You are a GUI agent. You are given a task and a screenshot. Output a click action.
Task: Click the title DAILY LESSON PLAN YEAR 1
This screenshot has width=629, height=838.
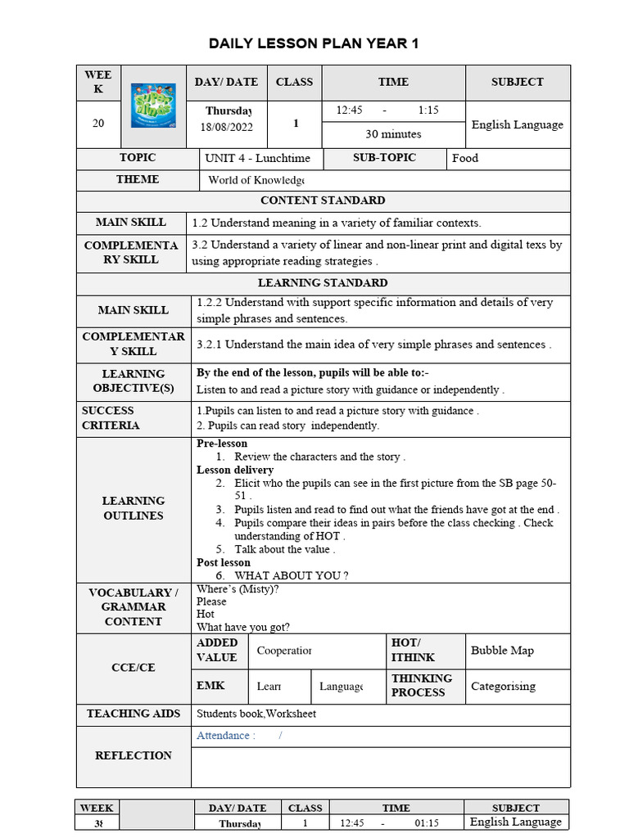pos(314,43)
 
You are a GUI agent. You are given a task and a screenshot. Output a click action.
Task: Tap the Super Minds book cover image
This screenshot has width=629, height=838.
pos(153,105)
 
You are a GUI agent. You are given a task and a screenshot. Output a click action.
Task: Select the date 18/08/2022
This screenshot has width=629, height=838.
pos(228,127)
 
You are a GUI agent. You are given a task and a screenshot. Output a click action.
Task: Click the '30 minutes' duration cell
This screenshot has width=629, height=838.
pos(393,133)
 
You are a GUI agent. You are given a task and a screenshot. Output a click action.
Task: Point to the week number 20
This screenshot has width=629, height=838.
pos(98,124)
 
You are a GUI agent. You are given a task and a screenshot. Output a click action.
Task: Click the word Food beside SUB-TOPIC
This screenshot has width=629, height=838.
pos(465,158)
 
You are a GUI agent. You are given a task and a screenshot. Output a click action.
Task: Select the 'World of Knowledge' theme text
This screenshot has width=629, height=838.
pos(256,180)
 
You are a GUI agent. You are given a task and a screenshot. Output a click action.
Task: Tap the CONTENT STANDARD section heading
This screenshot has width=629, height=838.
pos(323,200)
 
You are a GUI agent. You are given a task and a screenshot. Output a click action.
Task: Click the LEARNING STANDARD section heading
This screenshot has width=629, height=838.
pos(323,283)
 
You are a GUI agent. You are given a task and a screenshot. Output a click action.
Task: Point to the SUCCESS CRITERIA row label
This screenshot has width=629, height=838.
pos(111,418)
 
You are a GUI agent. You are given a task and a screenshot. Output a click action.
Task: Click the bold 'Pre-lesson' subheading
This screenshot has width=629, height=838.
pos(222,444)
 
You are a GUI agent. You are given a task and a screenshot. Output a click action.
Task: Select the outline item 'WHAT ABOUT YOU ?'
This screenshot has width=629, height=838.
pos(292,575)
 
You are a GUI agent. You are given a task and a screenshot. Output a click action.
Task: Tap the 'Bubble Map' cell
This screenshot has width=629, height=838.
pos(502,651)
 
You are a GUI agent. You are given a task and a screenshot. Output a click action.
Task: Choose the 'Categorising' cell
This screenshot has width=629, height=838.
pos(503,686)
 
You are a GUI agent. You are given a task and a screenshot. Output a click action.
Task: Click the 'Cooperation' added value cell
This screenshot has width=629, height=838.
pos(284,651)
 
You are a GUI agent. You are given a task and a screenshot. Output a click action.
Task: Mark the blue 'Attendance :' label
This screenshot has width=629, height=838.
pos(225,736)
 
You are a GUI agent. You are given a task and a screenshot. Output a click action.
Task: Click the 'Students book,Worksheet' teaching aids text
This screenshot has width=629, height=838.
pos(256,714)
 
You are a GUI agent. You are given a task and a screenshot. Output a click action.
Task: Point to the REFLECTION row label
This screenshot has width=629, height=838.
pos(133,755)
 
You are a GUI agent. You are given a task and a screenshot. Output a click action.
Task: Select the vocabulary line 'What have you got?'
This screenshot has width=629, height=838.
pos(243,627)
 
